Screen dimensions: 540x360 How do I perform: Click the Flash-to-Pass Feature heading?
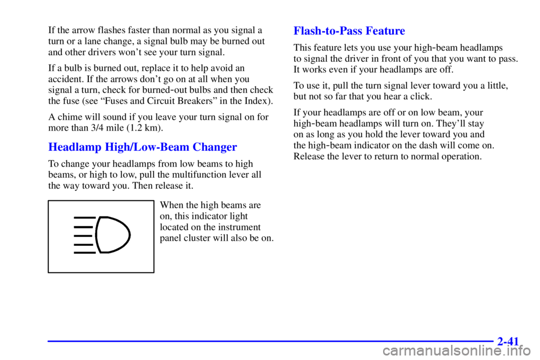coord(349,31)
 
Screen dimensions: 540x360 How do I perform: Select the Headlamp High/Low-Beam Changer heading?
coord(142,147)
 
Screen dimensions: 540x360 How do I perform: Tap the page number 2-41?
coord(508,341)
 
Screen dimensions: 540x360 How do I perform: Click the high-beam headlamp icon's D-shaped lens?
coord(114,235)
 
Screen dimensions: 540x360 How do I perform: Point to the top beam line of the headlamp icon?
coord(84,218)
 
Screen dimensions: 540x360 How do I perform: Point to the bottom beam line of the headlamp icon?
coord(84,253)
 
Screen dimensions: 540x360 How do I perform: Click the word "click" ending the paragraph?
coord(421,96)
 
